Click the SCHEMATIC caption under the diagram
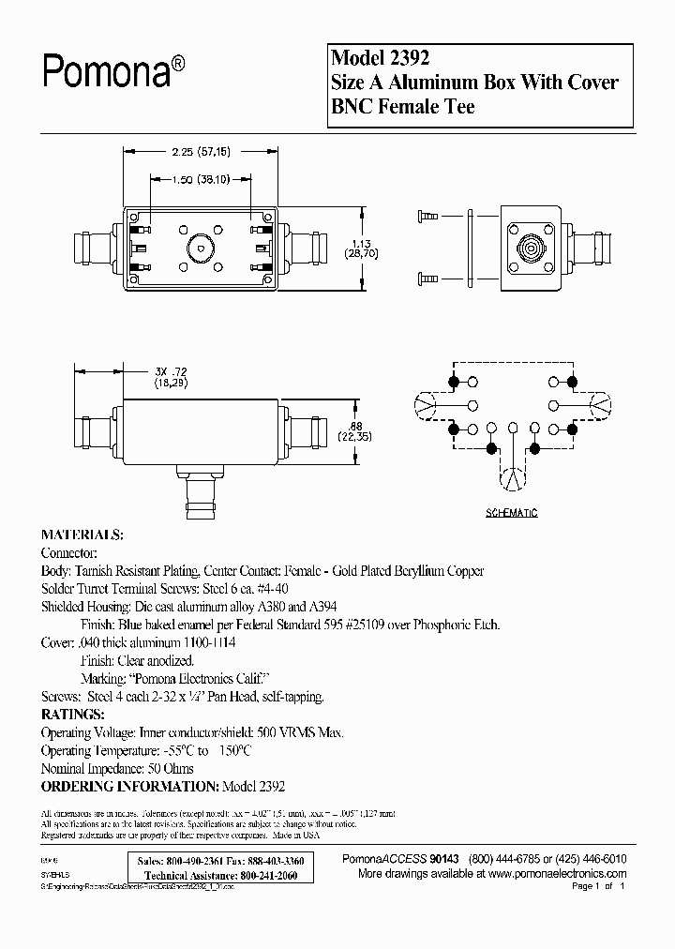512,514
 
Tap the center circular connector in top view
199,249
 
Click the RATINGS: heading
74,714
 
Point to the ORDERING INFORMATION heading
129,785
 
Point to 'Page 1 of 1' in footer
597,886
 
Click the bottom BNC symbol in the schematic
512,478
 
